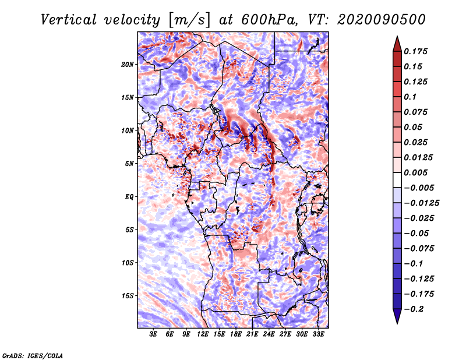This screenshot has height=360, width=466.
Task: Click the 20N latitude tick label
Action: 128,65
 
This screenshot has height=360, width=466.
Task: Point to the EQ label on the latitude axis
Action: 129,197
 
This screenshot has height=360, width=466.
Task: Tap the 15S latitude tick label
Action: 128,296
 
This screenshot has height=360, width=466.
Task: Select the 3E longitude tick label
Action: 153,334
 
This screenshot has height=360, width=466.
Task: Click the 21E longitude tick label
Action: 252,334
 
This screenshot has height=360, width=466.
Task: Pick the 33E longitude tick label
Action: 318,334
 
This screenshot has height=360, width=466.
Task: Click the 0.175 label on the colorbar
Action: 415,51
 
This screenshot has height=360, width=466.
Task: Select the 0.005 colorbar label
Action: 415,172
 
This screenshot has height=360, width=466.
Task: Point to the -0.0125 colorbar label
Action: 421,203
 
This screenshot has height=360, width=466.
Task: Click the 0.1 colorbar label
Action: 410,97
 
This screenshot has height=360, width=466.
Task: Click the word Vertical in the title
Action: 69,20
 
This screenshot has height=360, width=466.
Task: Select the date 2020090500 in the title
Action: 382,20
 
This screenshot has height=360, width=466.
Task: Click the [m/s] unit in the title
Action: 189,20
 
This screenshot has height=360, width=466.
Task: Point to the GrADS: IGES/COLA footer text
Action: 33,355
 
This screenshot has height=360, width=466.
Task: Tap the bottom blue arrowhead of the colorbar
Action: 397,316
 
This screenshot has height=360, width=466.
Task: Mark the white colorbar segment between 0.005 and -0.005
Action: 397,180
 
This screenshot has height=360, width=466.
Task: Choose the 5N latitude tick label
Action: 129,164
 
